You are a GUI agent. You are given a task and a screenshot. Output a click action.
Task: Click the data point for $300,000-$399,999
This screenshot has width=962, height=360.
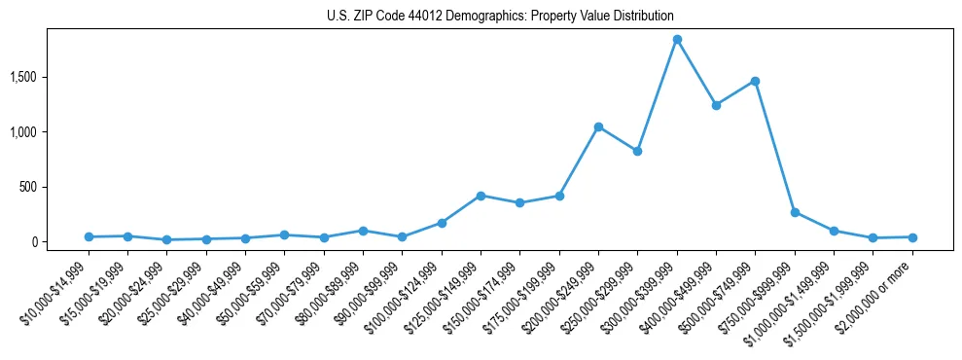[x=677, y=39]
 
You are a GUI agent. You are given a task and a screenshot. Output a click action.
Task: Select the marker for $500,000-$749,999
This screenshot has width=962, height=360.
[x=755, y=81]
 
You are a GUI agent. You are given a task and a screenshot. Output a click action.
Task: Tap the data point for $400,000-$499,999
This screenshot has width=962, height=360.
[x=716, y=105]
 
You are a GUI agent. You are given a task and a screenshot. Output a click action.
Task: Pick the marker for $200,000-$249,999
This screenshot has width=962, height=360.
[x=598, y=126]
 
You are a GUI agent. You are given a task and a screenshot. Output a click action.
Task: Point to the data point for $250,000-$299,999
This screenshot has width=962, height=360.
[x=637, y=151]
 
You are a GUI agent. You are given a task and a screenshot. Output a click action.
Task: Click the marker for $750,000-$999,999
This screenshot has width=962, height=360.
[x=795, y=212]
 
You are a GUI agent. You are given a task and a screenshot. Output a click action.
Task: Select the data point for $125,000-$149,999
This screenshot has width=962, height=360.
[x=481, y=196]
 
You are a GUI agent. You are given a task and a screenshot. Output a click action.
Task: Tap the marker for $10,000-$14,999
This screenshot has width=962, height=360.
[x=89, y=236]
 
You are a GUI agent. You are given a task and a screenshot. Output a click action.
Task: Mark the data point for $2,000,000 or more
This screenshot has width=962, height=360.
[x=912, y=237]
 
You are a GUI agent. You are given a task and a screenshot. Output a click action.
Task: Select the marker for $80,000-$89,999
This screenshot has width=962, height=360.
[x=363, y=231]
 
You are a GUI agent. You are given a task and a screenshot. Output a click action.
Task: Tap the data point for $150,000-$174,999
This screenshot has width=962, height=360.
[x=519, y=202]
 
